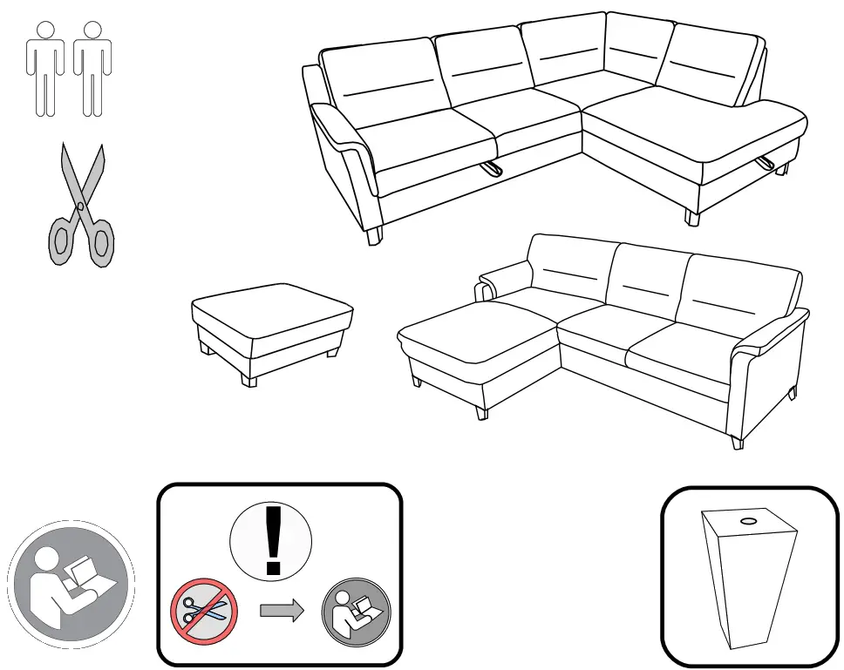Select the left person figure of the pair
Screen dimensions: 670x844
coord(44,68)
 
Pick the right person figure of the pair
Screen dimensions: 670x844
coord(92,68)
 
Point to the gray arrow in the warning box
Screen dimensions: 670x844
coord(282,611)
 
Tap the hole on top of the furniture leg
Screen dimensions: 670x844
coord(747,522)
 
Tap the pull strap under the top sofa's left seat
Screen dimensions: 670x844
coord(493,167)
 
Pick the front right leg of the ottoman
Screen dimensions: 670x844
coord(333,352)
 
